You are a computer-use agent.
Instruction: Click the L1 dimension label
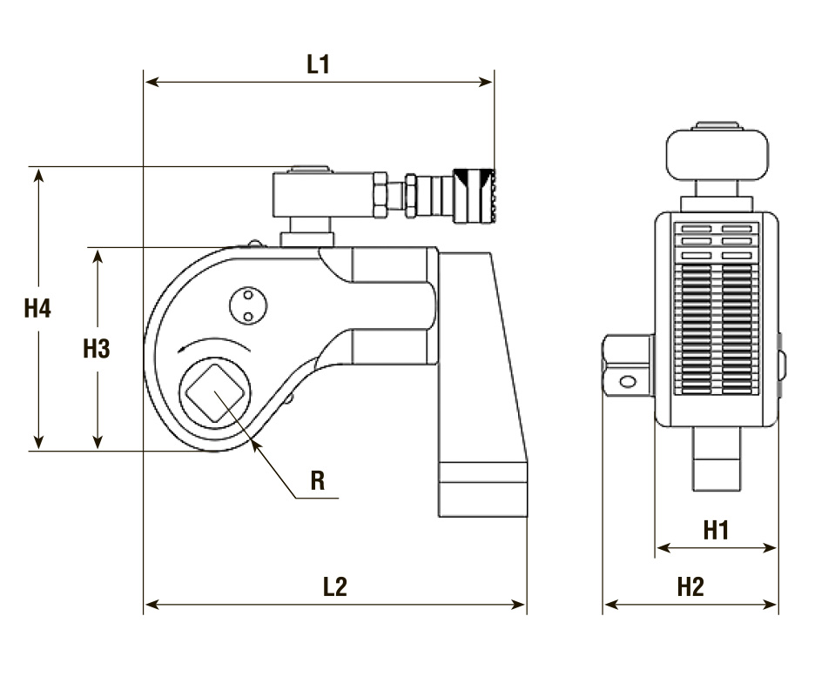319,64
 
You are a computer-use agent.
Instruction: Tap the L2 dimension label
335,586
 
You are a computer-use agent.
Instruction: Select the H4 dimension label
37,308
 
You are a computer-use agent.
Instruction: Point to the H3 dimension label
97,349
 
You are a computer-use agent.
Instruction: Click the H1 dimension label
717,530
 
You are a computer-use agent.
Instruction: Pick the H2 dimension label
690,586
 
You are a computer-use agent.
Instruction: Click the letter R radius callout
318,480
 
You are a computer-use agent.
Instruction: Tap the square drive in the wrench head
214,393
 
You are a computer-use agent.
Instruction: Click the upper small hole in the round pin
247,295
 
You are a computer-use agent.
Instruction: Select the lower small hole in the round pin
247,317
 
